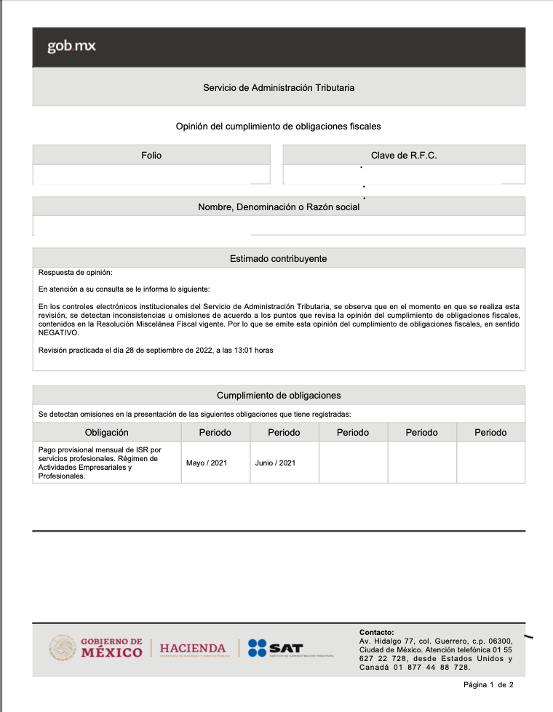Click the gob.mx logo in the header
(71, 47)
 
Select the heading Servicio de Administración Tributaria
(279, 87)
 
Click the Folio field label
(151, 155)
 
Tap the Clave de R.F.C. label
(404, 155)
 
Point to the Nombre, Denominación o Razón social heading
(279, 207)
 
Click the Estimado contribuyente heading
(279, 258)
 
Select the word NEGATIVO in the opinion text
(58, 332)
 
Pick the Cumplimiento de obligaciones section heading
(279, 395)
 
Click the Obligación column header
(106, 432)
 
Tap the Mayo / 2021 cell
(207, 463)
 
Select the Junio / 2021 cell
(275, 463)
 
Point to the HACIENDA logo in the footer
(193, 648)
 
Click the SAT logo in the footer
(276, 648)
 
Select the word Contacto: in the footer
(376, 632)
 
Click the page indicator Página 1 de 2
(488, 685)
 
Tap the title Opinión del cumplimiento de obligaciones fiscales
(279, 127)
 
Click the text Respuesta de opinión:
(76, 273)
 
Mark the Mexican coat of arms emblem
(63, 647)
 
